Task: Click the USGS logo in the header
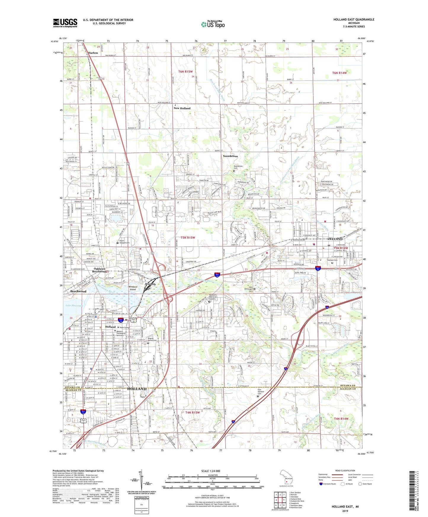pos(65,23)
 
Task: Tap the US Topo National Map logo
pos(213,24)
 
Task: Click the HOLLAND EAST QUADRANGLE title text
pos(354,20)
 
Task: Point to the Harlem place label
pos(93,53)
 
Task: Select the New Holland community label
pos(182,108)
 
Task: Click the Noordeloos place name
pos(230,156)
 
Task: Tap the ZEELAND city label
pos(335,239)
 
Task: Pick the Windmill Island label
pos(133,288)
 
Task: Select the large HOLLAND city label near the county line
pos(137,389)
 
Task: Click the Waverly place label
pos(150,284)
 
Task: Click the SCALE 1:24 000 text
pos(211,471)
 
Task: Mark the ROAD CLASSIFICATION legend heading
pos(345,471)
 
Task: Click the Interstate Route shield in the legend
pos(321,484)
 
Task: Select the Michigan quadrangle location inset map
pos(286,477)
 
